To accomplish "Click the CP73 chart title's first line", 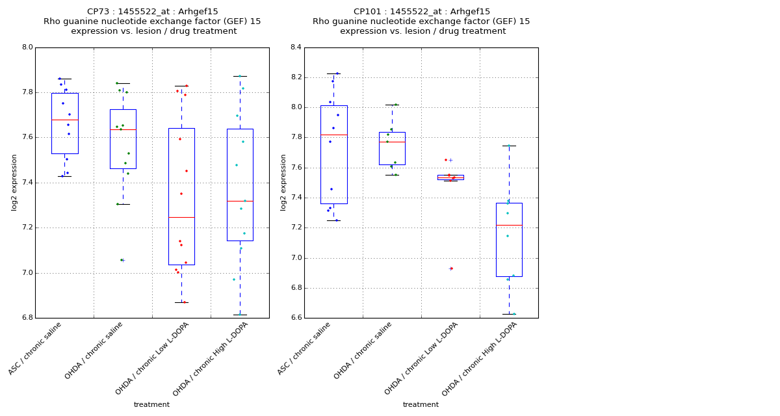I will coord(153,12).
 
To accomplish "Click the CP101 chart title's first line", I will coord(422,12).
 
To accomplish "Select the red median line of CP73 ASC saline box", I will coord(65,120).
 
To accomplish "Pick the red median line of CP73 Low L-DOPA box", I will coord(181,217).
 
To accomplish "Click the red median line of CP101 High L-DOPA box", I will coord(509,225).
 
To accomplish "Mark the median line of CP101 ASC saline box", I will coord(333,135).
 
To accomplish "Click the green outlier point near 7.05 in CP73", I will coord(121,260).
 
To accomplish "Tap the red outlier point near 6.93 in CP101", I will coord(451,268).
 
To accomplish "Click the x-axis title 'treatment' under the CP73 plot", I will coord(151,405).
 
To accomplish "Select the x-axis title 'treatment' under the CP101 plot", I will coord(421,405).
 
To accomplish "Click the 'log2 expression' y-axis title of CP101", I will coord(283,182).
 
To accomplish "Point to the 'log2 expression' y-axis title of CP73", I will coord(14,182).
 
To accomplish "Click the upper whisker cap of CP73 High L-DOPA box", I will coord(240,76).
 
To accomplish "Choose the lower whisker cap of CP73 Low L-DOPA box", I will coord(181,302).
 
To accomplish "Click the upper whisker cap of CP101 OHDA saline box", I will coord(392,105).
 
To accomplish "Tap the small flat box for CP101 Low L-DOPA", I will coord(450,177).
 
